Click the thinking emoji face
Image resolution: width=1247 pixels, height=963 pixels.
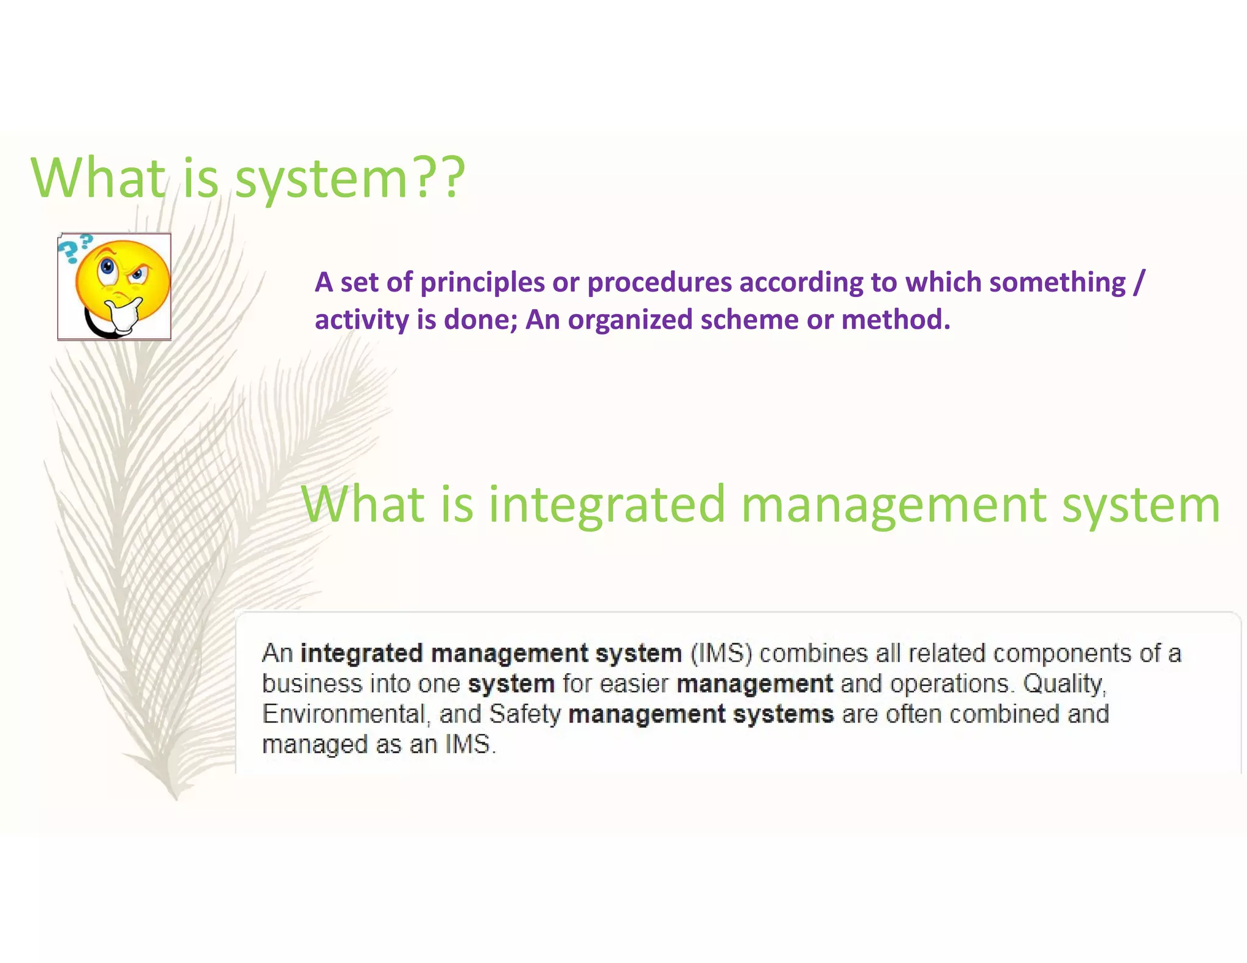(x=122, y=277)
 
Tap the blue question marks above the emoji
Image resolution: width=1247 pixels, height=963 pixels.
(x=76, y=247)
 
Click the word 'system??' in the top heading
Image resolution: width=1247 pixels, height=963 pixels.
(x=350, y=180)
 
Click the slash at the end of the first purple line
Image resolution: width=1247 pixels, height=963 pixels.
(x=1139, y=282)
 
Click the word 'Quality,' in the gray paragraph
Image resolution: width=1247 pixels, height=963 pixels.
(x=1064, y=684)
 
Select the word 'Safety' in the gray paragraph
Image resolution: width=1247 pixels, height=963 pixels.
(x=524, y=714)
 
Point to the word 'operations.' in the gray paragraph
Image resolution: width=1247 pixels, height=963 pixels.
(x=952, y=684)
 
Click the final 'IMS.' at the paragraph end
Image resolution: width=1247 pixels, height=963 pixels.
(x=470, y=744)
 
